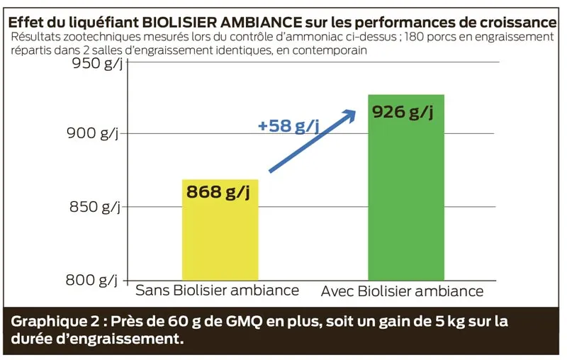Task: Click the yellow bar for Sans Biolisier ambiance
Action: coord(220,241)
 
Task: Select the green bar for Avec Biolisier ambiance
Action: coord(405,206)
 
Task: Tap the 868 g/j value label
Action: coord(218,192)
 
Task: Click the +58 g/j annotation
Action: coord(288,126)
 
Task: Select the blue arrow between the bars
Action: coord(312,141)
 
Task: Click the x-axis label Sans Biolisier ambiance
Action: coord(217,291)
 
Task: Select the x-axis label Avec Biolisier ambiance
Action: coord(402,291)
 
